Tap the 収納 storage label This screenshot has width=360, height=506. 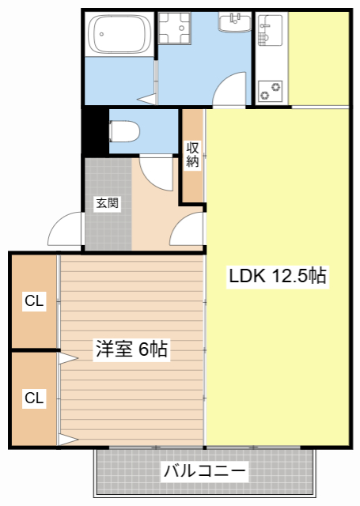point(192,154)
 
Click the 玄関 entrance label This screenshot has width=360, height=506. point(108,203)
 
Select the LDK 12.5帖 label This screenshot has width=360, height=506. point(278,277)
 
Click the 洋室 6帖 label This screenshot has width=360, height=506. point(131,349)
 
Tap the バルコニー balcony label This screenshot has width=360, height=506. point(205,472)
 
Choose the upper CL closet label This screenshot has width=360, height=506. point(33,300)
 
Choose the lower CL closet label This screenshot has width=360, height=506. point(33,398)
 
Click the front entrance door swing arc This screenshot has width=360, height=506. point(65,232)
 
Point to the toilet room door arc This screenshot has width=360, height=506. point(155,172)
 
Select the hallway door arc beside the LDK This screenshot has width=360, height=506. point(188,232)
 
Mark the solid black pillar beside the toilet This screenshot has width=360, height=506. point(95,131)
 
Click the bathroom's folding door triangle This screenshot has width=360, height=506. point(147,99)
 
